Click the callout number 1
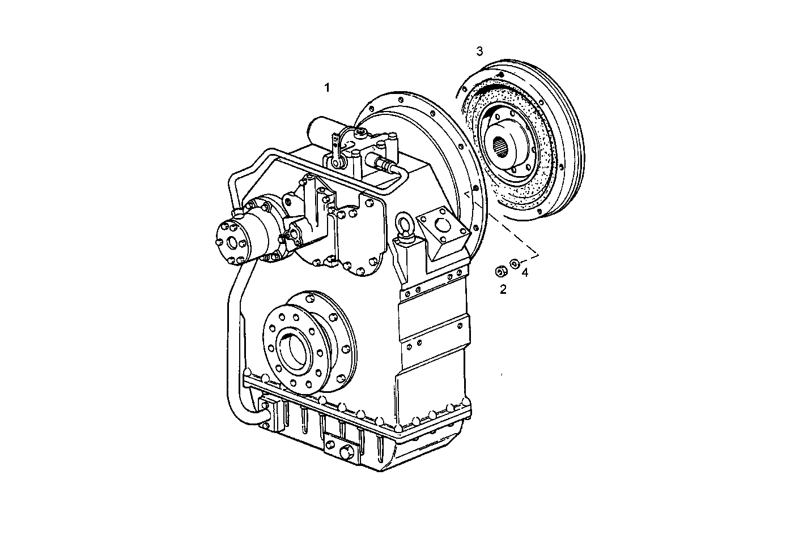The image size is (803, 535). pyautogui.click(x=326, y=88)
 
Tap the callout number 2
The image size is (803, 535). pyautogui.click(x=503, y=290)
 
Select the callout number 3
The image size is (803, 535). pyautogui.click(x=479, y=52)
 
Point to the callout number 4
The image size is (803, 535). pyautogui.click(x=525, y=273)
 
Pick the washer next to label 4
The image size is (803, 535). pyautogui.click(x=515, y=263)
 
